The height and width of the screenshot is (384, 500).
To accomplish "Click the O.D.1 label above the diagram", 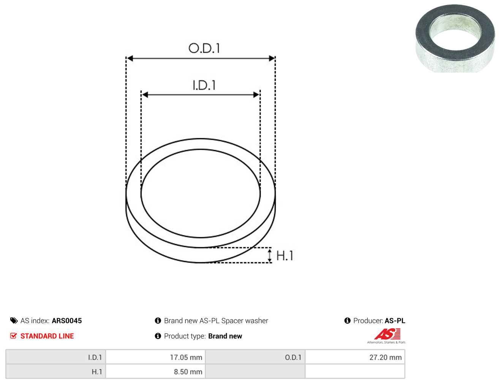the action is tap(204, 48).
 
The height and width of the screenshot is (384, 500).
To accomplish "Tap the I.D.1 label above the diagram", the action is tap(204, 85).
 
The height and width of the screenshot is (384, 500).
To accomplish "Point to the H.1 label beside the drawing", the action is tap(285, 256).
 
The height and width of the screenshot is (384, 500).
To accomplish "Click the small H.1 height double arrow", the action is tap(269, 256).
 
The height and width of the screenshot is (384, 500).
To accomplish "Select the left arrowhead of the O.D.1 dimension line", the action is tap(130, 58).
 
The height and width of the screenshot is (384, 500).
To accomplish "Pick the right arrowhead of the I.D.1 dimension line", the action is tap(256, 95).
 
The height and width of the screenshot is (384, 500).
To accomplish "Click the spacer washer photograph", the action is tap(455, 38).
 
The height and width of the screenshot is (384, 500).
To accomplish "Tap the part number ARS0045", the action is tap(67, 321).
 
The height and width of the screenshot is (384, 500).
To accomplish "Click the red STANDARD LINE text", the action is tap(47, 336).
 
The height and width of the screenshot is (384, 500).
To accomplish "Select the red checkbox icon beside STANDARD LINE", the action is tap(13, 336).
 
